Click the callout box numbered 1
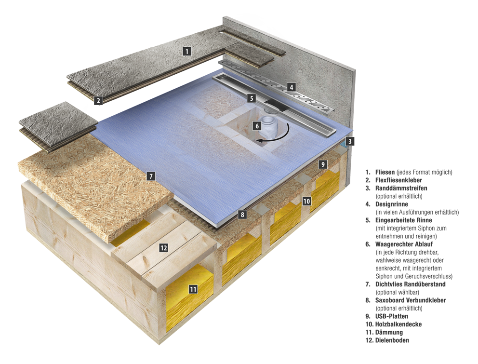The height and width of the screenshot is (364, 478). (x=187, y=51)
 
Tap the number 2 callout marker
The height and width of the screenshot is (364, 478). (x=98, y=100)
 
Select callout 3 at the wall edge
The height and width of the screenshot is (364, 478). (x=350, y=141)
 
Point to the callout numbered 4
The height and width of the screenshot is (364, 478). (x=291, y=87)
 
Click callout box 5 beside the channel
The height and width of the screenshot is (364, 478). (x=252, y=98)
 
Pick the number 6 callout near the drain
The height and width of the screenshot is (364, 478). (x=257, y=126)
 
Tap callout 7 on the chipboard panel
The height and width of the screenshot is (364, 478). (x=151, y=176)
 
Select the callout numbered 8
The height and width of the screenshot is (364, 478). (x=242, y=215)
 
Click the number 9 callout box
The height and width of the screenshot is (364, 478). (x=323, y=164)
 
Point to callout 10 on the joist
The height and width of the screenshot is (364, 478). (x=306, y=201)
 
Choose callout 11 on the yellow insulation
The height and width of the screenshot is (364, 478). (x=193, y=289)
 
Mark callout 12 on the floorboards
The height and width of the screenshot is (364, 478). (x=163, y=248)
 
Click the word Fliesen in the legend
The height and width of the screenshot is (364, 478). (x=385, y=172)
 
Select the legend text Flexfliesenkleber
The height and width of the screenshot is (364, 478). (x=399, y=180)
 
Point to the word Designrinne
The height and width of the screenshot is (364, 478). (x=392, y=204)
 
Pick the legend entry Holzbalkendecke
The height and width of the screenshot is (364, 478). (x=398, y=324)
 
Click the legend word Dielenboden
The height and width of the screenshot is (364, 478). (x=392, y=340)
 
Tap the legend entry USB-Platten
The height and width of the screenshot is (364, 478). (x=392, y=316)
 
